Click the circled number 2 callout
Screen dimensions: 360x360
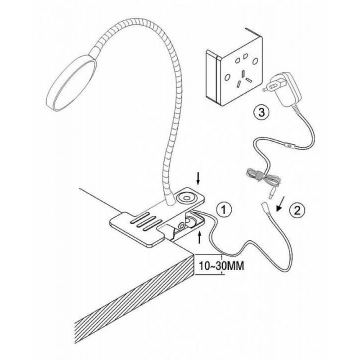coord(297,210)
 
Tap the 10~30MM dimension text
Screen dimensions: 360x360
coord(221,266)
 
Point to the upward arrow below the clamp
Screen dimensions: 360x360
coord(199,238)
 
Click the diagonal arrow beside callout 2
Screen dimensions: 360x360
coord(280,204)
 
